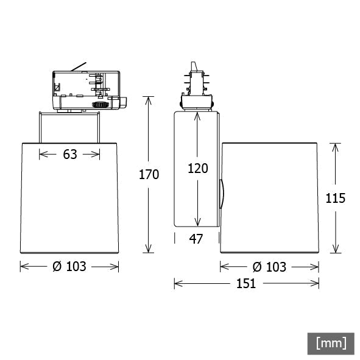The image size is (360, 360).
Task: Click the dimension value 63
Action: [x=70, y=154]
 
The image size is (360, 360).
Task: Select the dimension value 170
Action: [x=149, y=174]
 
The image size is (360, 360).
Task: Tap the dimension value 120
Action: [x=198, y=168]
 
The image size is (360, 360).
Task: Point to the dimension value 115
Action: [x=336, y=198]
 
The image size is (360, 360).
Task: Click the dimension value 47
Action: [x=196, y=239]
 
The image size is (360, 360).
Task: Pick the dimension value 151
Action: [x=246, y=283]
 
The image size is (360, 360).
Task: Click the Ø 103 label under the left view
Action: [x=69, y=267]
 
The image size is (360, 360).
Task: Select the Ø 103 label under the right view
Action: [x=269, y=267]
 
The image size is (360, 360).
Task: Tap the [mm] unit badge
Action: [x=331, y=344]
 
